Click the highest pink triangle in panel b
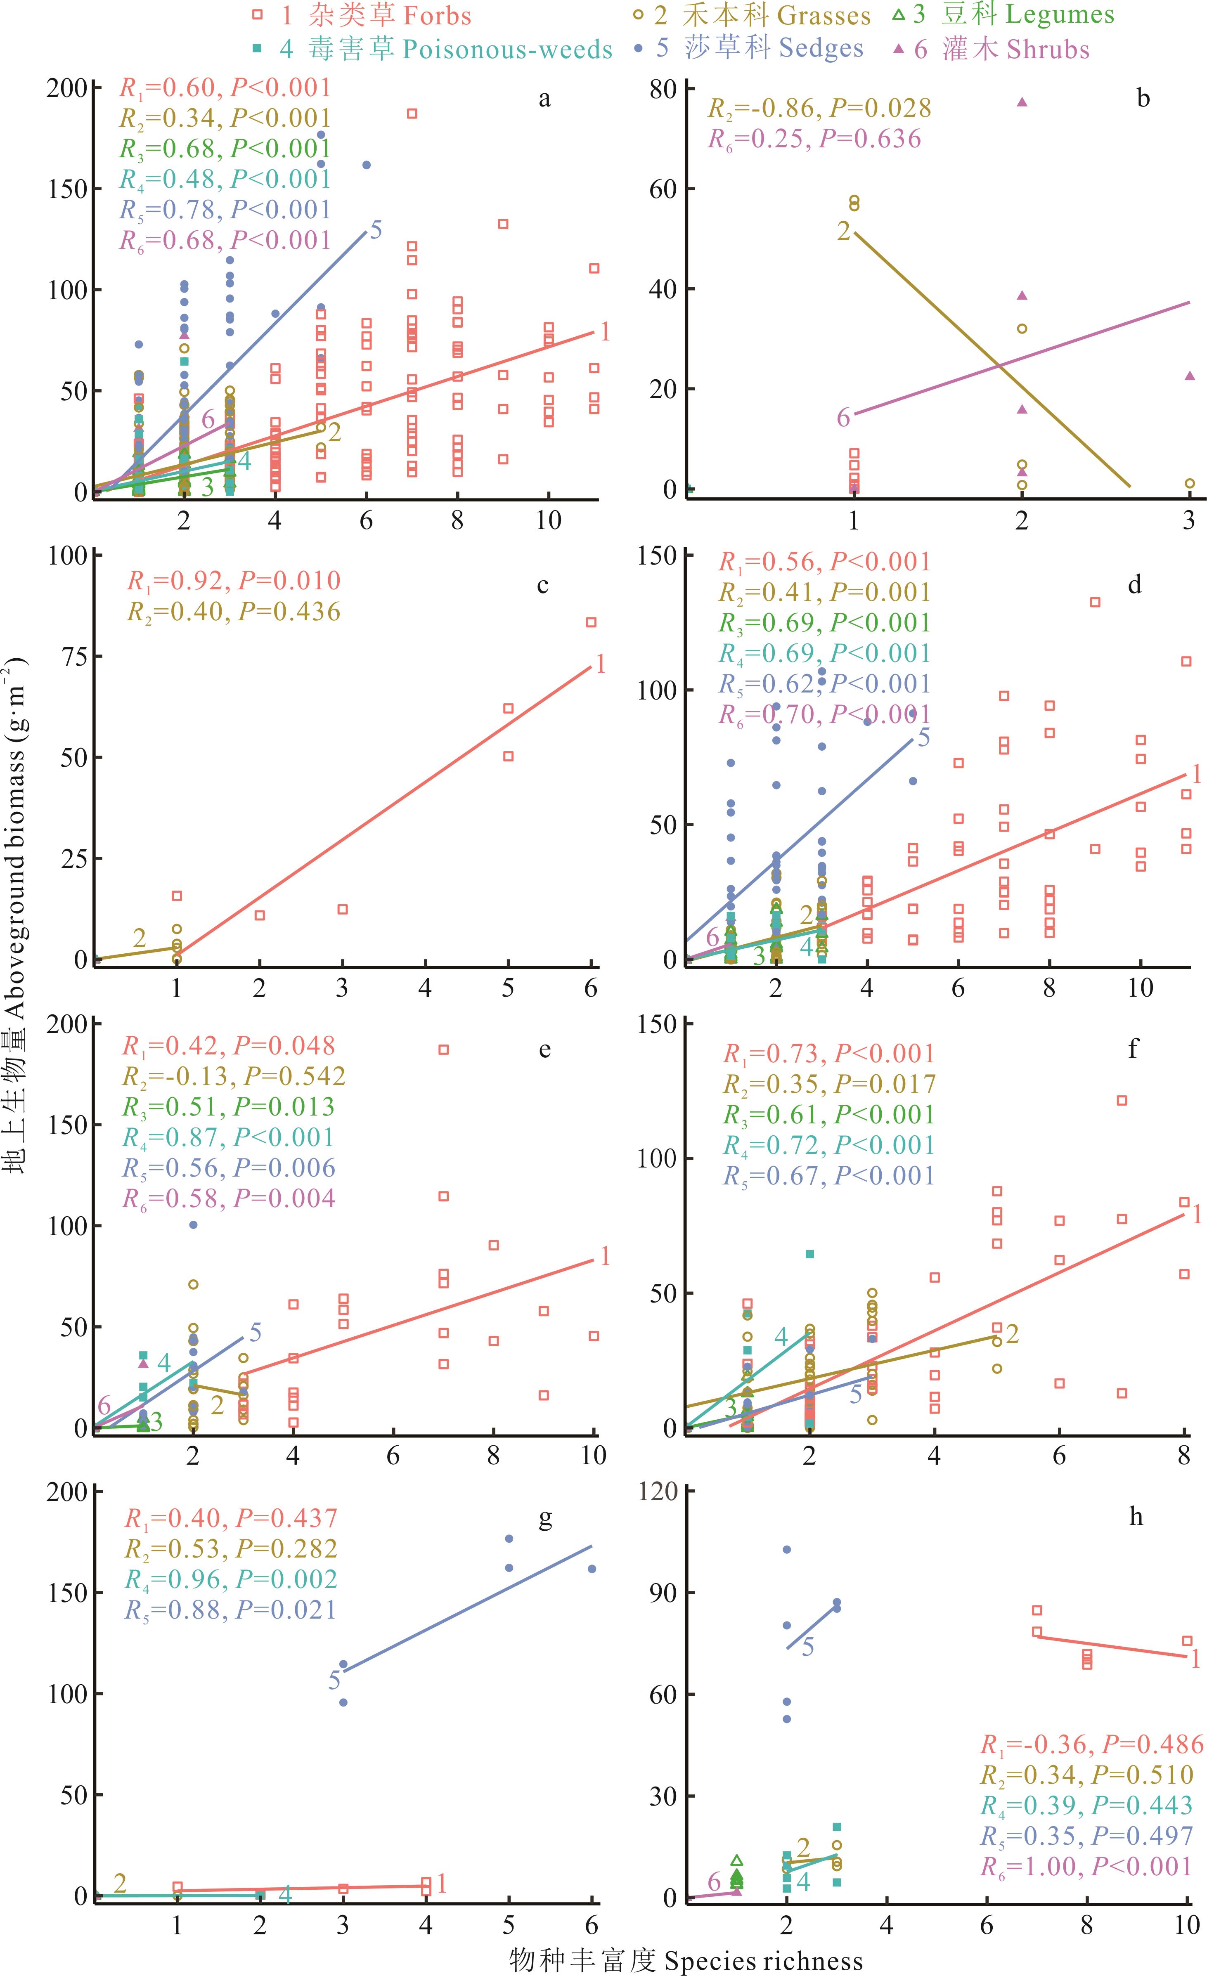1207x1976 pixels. coord(1022,102)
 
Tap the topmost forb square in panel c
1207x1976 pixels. coord(591,622)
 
